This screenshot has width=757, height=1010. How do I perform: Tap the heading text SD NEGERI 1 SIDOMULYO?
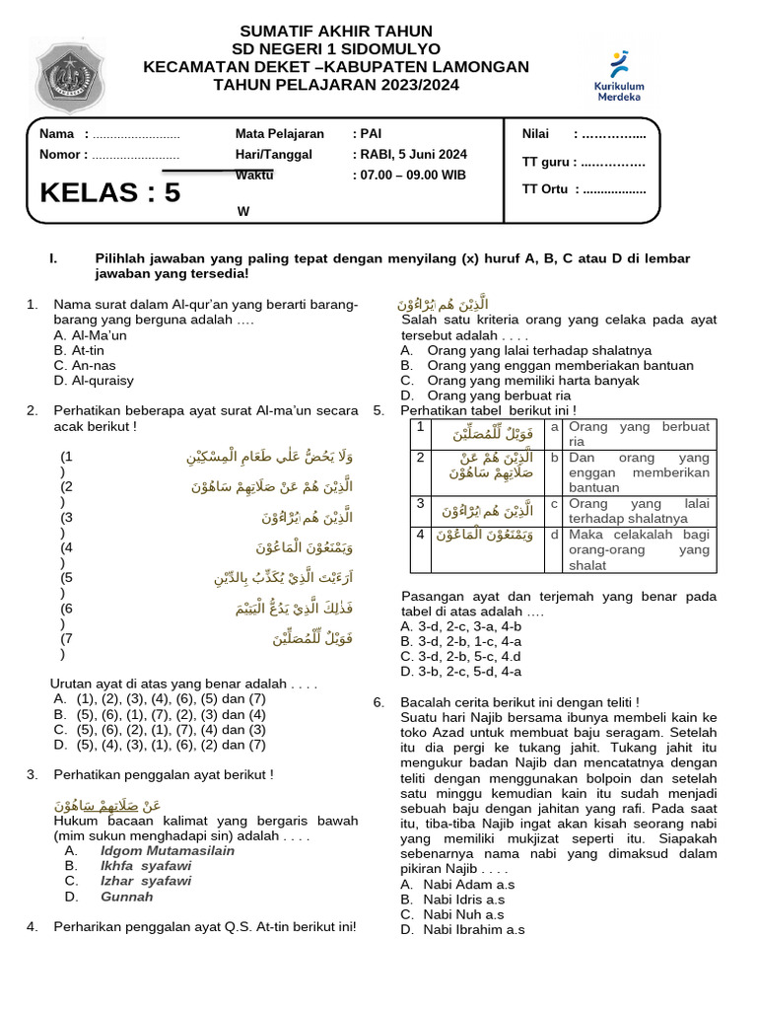point(336,49)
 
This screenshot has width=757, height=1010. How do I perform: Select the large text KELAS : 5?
point(110,192)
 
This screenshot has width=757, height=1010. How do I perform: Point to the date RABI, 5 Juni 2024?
point(409,154)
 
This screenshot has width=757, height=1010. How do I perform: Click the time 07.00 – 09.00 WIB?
point(409,176)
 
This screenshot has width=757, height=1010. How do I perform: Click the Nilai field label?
point(536,134)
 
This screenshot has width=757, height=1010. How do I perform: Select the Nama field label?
point(56,134)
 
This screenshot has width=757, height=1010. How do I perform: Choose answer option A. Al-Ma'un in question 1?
point(91,335)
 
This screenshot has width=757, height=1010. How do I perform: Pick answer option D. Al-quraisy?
point(94,380)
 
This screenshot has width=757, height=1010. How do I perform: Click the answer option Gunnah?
point(126,897)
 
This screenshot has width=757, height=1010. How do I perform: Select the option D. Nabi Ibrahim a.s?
point(462,929)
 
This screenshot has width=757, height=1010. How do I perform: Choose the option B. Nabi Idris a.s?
point(452,900)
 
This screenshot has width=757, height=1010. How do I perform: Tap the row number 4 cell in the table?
point(420,535)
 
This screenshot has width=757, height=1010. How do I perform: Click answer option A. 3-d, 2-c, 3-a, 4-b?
point(460,626)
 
